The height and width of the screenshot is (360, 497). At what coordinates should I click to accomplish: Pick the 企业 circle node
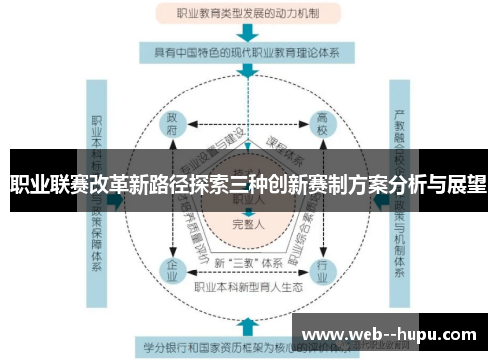pyautogui.click(x=172, y=269)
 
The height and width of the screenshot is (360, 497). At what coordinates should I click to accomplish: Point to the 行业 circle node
pyautogui.click(x=321, y=269)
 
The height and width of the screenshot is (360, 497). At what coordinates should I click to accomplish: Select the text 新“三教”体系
pyautogui.click(x=248, y=262)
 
